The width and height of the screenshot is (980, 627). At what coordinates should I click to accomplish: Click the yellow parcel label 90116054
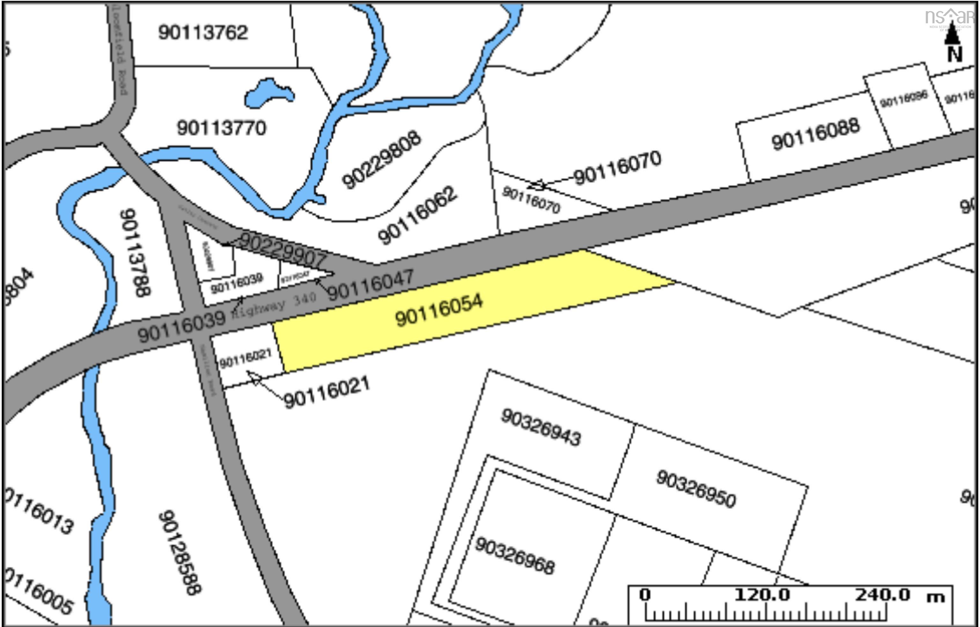tap(439, 310)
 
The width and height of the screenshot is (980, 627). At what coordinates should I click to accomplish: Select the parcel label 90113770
tap(221, 128)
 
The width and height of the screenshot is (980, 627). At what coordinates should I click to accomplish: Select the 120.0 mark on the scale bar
tap(761, 595)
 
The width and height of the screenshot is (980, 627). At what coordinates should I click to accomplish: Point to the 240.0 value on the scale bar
tap(882, 595)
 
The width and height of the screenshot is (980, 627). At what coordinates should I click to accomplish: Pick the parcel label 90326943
tap(541, 428)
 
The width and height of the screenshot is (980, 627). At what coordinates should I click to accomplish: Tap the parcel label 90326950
tap(696, 489)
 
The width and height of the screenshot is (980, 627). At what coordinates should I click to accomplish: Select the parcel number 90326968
tap(515, 556)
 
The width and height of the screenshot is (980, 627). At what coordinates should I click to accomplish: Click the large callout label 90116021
tap(327, 392)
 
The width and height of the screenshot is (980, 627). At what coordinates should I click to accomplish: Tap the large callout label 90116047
tap(370, 284)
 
